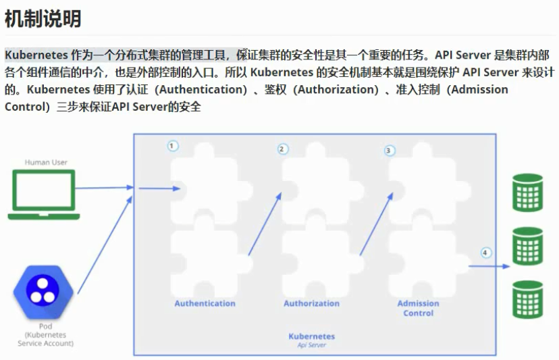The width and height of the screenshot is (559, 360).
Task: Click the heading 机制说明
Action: tap(43, 18)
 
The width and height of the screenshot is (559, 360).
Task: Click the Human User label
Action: tap(46, 162)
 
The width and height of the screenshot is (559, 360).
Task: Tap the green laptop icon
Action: tap(44, 195)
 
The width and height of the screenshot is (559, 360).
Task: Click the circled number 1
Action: tap(173, 146)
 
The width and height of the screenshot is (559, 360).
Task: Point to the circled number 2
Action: tap(283, 149)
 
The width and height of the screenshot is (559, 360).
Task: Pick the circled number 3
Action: tap(389, 151)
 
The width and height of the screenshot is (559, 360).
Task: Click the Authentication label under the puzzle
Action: tap(205, 303)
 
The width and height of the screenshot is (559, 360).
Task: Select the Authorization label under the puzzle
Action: tap(311, 303)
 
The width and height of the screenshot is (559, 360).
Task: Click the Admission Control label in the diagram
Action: tap(418, 308)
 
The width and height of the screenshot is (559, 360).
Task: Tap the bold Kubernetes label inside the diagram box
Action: tap(311, 336)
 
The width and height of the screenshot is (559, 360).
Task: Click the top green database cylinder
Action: tap(527, 192)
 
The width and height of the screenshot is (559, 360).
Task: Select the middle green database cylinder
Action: tap(527, 246)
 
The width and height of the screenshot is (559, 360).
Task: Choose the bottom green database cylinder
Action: tap(527, 299)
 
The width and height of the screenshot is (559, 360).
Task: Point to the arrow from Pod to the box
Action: tap(105, 243)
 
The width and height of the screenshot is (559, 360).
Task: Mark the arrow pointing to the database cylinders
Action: tap(489, 266)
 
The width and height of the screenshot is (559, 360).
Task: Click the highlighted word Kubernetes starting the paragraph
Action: tap(36, 55)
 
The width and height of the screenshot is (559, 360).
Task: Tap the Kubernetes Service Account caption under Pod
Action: tap(45, 338)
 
